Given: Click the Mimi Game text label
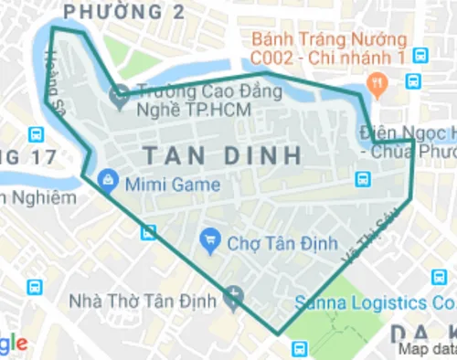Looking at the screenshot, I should (x=173, y=185).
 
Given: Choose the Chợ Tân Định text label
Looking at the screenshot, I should (x=269, y=243).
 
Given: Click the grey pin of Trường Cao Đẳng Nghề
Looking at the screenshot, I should (x=119, y=93).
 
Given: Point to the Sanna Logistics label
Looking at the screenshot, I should (x=374, y=302).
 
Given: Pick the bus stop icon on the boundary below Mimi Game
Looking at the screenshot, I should (x=147, y=232).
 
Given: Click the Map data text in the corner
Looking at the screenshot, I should (x=427, y=349).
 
